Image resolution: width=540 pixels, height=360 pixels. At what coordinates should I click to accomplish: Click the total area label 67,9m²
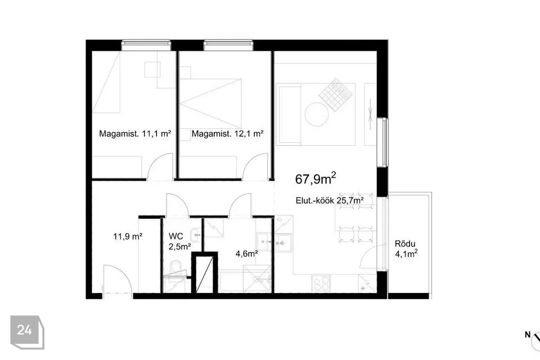coord(316,179)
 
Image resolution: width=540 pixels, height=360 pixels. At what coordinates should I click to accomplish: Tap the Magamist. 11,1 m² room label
coord(135,134)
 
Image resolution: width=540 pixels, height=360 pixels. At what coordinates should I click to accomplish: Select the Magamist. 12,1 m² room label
coord(228,134)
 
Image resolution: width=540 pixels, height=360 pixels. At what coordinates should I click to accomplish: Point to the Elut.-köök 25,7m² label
coord(330,200)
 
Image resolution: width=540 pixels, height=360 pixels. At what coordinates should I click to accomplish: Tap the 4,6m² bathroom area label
coord(247,254)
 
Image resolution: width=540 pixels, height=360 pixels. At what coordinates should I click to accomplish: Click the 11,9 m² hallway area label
coord(128,237)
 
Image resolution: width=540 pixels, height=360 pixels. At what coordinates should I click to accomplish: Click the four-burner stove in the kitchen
coord(321,283)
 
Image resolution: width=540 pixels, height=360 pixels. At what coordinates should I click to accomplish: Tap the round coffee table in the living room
coord(317,114)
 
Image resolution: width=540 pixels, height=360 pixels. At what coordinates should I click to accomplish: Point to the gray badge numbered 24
coord(27,332)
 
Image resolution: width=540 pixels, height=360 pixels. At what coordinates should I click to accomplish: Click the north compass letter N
coord(527,335)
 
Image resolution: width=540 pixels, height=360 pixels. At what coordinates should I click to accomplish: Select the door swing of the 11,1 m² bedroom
coord(159,166)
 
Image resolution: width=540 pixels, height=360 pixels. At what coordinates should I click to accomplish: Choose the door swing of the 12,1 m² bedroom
coord(255,166)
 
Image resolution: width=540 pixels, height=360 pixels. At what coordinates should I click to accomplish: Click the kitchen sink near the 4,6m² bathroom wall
coord(285,242)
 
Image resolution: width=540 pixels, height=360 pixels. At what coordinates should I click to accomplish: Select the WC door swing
coord(177,205)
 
